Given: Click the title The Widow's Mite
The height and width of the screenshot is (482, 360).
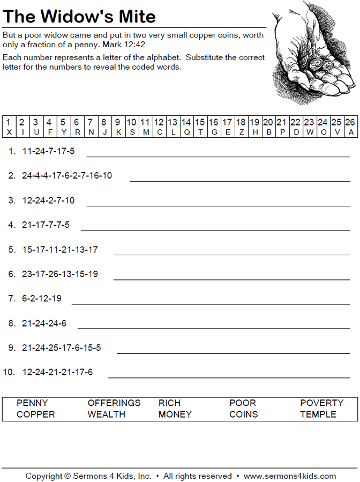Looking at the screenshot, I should [79, 17].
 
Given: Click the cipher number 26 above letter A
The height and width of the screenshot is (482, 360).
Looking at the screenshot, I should [350, 122].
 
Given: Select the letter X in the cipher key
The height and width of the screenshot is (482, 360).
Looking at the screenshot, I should [9, 132].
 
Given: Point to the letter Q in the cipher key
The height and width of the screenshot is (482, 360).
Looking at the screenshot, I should [186, 132].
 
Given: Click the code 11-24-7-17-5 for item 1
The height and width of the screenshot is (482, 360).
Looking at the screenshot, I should [49, 151].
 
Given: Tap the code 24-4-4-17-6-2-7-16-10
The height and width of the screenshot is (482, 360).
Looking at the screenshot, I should [67, 175].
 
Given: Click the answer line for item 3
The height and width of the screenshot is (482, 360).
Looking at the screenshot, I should [217, 205].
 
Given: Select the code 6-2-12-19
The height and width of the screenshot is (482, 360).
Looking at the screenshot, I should [42, 299].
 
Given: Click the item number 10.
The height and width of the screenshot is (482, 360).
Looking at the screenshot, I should [9, 372].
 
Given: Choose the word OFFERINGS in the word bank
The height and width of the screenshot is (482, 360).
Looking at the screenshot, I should [114, 403].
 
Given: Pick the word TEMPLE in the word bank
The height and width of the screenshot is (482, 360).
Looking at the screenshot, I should [318, 414].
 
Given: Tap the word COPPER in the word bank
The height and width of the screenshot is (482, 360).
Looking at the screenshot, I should [36, 414].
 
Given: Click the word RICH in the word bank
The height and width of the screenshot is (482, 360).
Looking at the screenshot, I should [169, 403].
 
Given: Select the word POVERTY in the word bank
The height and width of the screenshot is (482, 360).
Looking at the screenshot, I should [321, 403].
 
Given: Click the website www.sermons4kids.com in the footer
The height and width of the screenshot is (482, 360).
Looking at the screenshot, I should [289, 476].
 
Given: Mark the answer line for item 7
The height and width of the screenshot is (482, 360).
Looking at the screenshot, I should [210, 303].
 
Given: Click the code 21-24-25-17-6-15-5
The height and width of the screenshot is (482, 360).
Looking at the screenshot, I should [62, 348].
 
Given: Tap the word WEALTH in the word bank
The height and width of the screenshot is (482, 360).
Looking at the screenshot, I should [107, 414].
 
